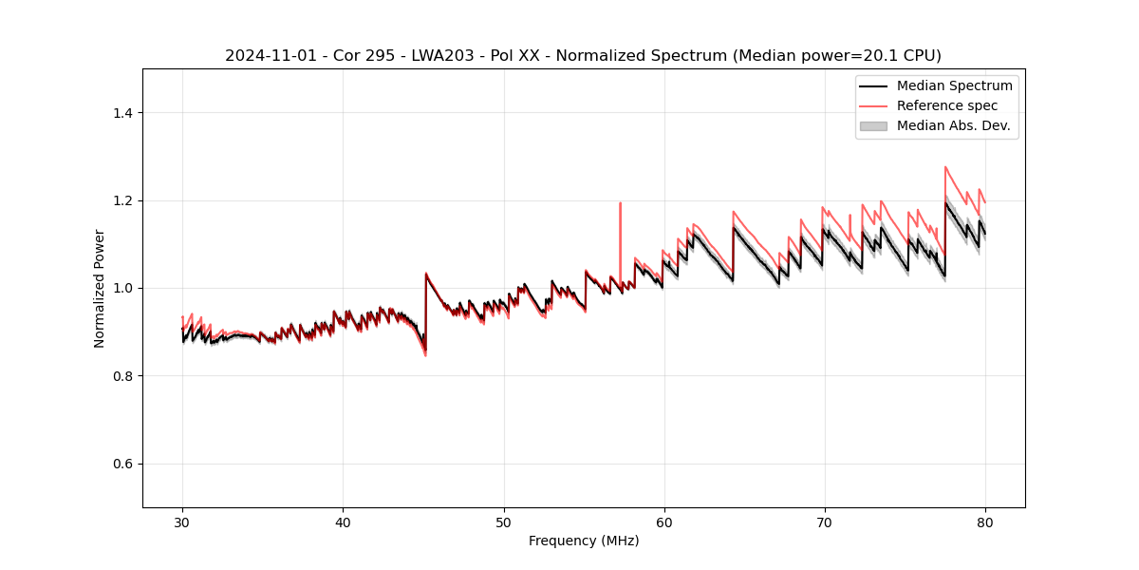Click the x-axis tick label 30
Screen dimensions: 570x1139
[x=182, y=522]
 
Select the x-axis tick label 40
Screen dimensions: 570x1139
[x=343, y=522]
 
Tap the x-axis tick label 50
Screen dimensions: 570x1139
[x=504, y=522]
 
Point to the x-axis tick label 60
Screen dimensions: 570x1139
[x=664, y=522]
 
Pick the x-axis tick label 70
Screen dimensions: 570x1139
[x=825, y=522]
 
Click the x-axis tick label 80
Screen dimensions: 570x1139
[x=985, y=522]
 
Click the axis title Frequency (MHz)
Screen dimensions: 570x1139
[x=584, y=541]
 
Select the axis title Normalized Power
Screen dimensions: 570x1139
[x=100, y=288]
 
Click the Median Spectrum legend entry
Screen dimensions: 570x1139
[x=954, y=85]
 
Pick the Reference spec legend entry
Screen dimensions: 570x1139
[x=947, y=105]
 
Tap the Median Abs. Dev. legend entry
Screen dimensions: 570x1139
[x=953, y=125]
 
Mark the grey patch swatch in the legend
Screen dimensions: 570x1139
[x=873, y=125]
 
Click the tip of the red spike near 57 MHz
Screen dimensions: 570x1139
[x=620, y=202]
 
